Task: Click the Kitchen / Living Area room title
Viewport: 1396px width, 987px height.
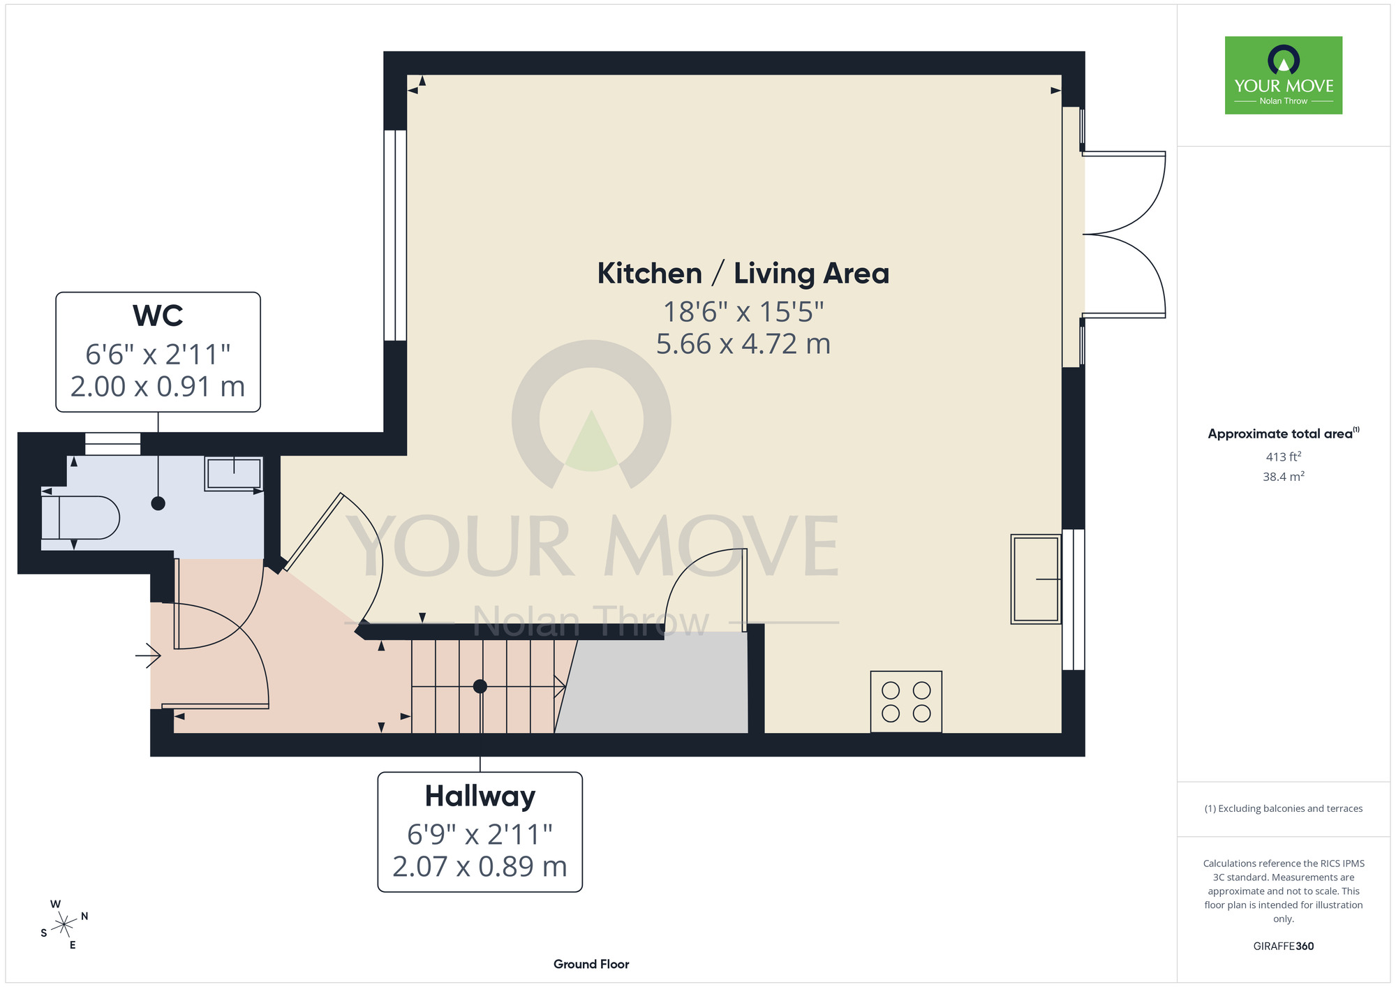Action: coord(743,274)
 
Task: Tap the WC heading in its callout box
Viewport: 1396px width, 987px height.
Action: coord(158,316)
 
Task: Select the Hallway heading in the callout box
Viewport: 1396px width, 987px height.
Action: coord(480,796)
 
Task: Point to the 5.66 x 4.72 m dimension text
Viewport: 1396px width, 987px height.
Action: coord(743,344)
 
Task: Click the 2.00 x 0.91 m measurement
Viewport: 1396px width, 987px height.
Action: coord(158,387)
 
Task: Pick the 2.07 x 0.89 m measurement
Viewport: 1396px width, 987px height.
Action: coord(480,867)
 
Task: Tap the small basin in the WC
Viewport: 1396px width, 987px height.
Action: coord(233,473)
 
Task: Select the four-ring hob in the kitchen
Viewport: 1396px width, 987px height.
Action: coord(906,702)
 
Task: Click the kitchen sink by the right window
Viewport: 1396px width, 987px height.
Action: coord(1036,579)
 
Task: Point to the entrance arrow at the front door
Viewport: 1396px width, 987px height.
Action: coord(148,655)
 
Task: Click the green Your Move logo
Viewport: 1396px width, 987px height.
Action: coord(1284,75)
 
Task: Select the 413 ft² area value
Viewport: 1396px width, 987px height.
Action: coord(1284,457)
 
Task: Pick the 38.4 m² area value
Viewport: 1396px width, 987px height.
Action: coord(1284,477)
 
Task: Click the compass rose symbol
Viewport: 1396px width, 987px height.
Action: coord(64,925)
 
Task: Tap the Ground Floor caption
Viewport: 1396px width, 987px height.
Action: coord(591,964)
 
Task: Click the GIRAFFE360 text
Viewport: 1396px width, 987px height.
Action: coord(1284,947)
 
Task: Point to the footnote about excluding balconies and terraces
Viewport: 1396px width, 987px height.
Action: coord(1284,808)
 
